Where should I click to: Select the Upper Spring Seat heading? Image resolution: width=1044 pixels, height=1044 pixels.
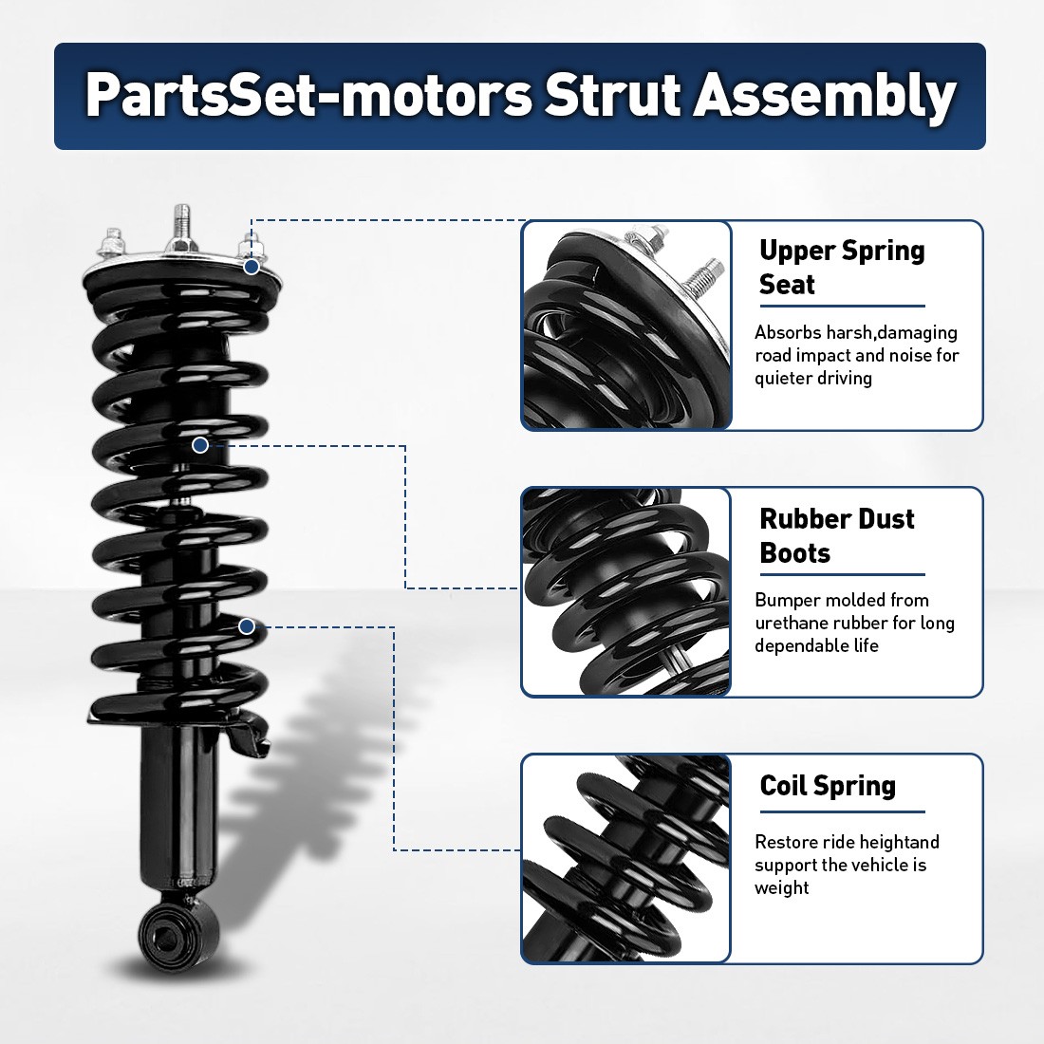click(841, 267)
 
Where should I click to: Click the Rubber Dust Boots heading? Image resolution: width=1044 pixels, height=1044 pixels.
click(836, 535)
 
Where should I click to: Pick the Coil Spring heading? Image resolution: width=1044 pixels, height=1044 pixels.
click(828, 786)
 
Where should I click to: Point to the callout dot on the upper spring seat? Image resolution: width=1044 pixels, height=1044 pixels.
click(252, 267)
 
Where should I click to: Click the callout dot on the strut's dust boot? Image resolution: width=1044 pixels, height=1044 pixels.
click(200, 444)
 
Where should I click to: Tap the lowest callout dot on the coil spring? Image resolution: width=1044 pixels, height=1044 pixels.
click(247, 626)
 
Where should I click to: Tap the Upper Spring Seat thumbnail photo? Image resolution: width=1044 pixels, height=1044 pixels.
click(626, 326)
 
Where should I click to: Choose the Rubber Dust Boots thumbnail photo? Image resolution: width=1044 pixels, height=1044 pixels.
click(626, 592)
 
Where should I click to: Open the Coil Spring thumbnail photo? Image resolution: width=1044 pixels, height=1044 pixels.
click(626, 859)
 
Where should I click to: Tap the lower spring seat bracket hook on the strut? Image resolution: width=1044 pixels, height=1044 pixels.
click(253, 736)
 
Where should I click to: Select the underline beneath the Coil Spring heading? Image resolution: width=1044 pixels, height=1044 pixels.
click(842, 812)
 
